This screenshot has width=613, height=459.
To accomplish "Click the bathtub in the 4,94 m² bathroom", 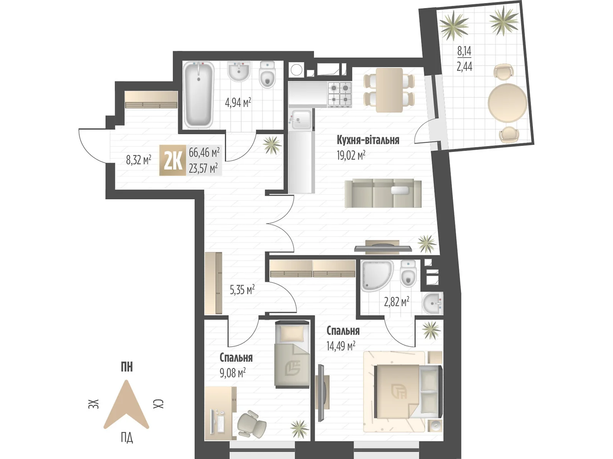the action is click(x=198, y=95).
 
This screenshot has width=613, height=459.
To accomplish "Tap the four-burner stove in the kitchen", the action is click(x=339, y=94).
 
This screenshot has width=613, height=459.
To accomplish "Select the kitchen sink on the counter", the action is click(x=301, y=120).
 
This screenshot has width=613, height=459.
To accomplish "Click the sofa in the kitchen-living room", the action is click(x=383, y=194).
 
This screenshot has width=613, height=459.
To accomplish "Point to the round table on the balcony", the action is click(x=507, y=103).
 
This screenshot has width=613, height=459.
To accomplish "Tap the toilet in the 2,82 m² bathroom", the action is click(x=408, y=273).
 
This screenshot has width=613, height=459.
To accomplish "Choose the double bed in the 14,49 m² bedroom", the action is click(x=408, y=392).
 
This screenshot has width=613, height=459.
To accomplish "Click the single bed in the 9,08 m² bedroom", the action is click(x=292, y=354).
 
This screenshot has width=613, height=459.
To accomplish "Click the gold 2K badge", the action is click(x=172, y=160).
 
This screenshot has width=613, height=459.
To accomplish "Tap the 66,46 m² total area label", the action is click(x=204, y=152).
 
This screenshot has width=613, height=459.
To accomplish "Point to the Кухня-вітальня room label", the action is click(x=368, y=140).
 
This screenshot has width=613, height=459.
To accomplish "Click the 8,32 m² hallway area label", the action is click(x=139, y=160).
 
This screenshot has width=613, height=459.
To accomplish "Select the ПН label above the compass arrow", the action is click(x=126, y=367).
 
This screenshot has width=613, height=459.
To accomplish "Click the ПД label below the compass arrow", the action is click(x=127, y=438).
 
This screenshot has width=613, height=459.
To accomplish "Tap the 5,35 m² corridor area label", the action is click(x=242, y=290).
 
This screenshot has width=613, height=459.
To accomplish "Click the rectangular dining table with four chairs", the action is click(x=389, y=90).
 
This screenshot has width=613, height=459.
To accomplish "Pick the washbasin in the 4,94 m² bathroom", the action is click(x=239, y=71).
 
